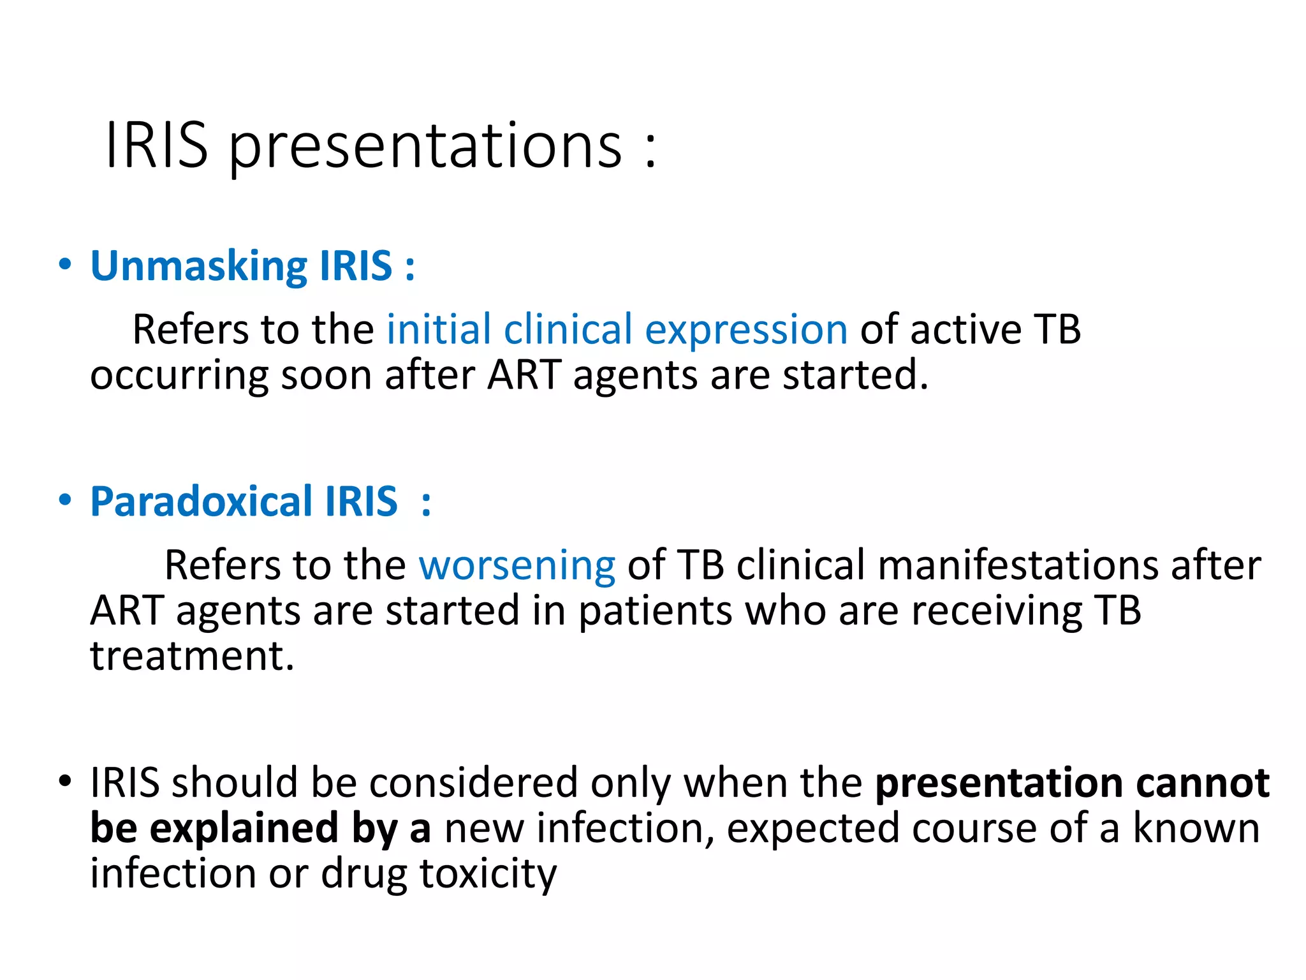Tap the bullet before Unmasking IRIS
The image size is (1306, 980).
point(65,264)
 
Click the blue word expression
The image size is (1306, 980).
point(745,330)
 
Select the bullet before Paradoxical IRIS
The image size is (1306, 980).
point(65,500)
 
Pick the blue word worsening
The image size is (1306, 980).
point(517,567)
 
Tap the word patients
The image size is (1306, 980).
point(655,611)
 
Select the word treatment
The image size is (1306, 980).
point(191,657)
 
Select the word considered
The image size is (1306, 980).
point(473,783)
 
